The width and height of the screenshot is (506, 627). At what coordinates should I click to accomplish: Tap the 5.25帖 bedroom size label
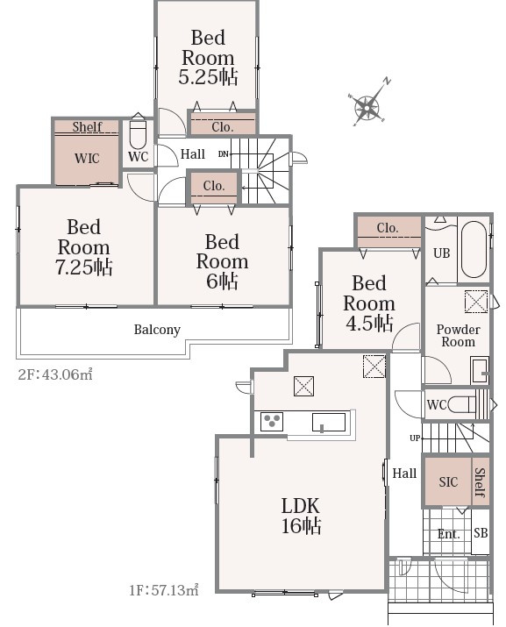(208, 77)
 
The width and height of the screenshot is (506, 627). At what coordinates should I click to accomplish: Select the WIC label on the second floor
(87, 159)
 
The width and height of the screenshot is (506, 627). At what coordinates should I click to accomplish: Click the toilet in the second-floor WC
(139, 132)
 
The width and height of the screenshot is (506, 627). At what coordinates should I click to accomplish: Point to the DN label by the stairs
(224, 153)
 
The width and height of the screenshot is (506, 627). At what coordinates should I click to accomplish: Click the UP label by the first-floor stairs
(415, 438)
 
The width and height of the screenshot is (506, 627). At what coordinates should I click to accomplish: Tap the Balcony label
(157, 330)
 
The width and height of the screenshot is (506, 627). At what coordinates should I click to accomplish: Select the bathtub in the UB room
(474, 250)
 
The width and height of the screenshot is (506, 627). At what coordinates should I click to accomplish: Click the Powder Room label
(458, 336)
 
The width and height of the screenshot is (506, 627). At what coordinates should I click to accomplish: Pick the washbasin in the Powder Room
(480, 371)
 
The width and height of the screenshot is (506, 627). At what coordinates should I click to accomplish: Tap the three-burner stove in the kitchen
(272, 422)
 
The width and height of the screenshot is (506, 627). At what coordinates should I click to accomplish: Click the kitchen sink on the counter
(329, 423)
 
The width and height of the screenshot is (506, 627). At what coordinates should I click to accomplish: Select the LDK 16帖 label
(301, 517)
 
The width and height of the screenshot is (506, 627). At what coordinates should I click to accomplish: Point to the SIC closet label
(448, 481)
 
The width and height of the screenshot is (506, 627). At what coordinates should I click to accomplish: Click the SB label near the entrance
(481, 533)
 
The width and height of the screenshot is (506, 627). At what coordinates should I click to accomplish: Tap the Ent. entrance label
(448, 534)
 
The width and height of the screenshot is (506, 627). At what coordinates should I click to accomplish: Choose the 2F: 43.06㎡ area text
(55, 374)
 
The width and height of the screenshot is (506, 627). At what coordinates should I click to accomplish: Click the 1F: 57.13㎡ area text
(164, 590)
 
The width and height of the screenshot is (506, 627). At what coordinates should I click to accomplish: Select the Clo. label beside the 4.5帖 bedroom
(388, 228)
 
